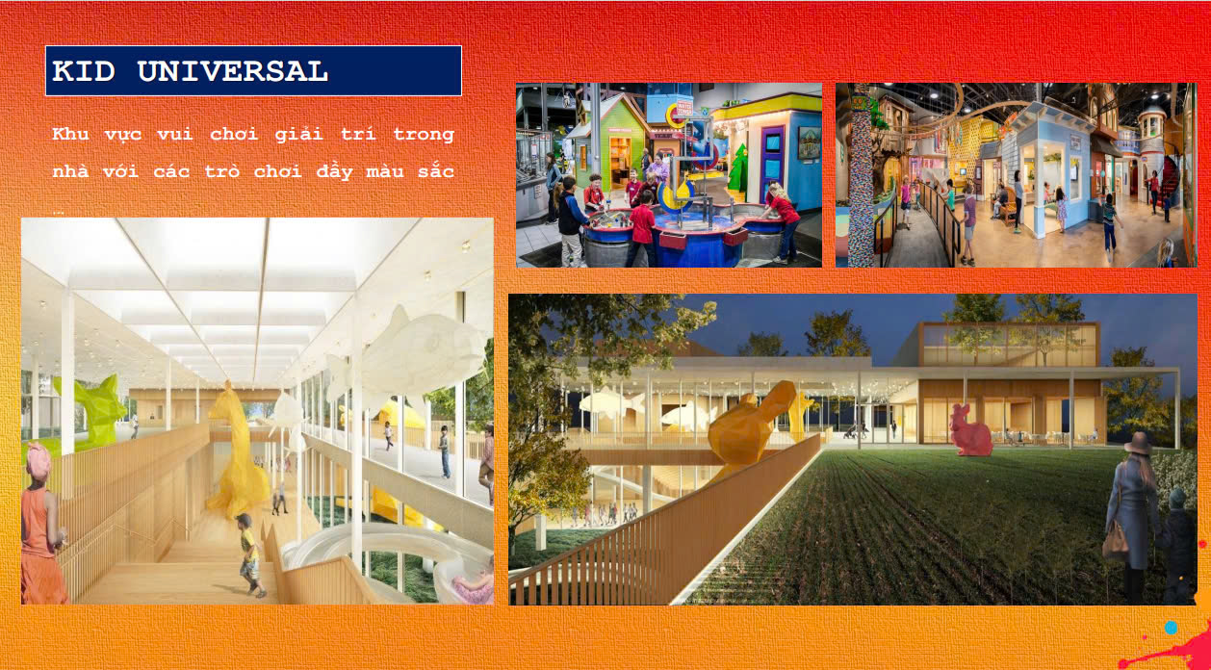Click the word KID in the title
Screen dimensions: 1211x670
[x=83, y=71]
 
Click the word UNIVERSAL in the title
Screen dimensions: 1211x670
[x=232, y=71]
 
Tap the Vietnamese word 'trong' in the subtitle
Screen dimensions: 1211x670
[x=424, y=134]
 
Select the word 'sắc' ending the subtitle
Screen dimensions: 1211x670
[x=436, y=171]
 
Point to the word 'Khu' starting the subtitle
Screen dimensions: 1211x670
[x=70, y=134]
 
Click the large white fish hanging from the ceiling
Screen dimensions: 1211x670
[x=411, y=351]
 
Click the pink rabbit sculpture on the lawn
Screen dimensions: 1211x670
[x=971, y=430]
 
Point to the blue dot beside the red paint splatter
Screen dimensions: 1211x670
[x=1171, y=628]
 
